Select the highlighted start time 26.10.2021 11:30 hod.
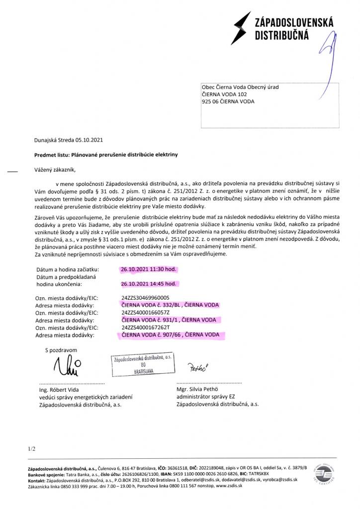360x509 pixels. point(149,269)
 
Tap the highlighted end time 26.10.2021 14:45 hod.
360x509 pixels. point(149,284)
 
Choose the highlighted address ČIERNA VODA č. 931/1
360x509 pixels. point(169,320)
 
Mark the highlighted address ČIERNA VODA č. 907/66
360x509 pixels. point(171,336)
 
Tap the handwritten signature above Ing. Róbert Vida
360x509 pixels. point(66,367)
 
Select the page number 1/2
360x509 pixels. point(32,449)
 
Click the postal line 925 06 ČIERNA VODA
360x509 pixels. point(228,101)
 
